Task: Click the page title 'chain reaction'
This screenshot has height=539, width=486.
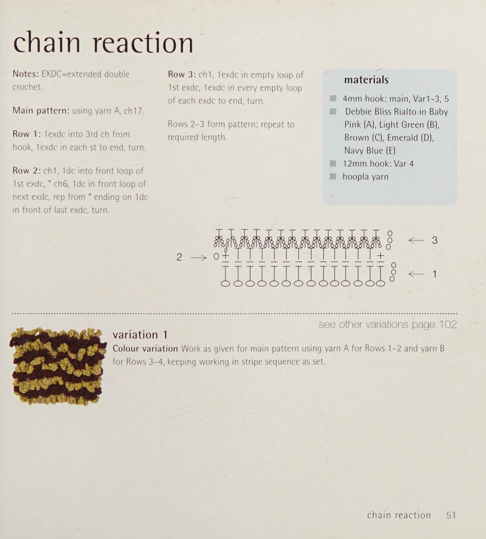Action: click(103, 42)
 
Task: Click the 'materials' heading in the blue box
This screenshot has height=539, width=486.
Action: click(366, 80)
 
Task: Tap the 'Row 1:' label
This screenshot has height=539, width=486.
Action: click(26, 134)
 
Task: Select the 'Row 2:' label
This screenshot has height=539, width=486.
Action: click(26, 170)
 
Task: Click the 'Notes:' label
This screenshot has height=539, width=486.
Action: click(26, 74)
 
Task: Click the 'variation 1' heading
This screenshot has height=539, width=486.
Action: click(140, 335)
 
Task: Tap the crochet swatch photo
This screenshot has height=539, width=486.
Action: click(58, 366)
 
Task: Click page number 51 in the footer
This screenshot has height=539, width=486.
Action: click(451, 515)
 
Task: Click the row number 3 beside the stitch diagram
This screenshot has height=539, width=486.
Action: click(435, 240)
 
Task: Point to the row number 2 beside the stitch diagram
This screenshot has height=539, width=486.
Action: click(179, 257)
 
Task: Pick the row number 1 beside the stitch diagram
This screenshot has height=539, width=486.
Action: click(434, 274)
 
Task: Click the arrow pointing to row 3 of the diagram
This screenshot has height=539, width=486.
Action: click(416, 240)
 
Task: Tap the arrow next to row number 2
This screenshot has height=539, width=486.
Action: click(199, 258)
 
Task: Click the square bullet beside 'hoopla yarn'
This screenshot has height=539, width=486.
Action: click(333, 176)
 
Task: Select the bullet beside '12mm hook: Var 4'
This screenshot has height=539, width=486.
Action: click(333, 163)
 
